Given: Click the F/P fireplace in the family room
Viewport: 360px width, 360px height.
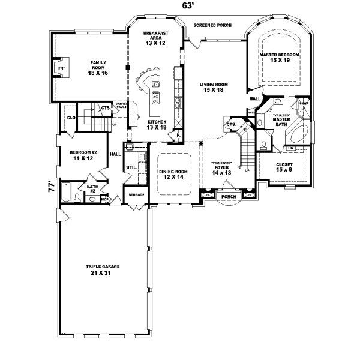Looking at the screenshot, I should click(61, 68).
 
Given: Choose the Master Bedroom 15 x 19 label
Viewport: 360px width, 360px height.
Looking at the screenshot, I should click(279, 58).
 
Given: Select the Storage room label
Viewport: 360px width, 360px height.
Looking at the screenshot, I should click(136, 195).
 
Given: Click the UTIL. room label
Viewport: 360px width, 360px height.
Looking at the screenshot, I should click(130, 167).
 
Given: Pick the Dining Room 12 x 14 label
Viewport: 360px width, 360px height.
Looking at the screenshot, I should click(173, 174).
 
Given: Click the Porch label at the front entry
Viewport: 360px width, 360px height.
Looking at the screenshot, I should click(228, 197).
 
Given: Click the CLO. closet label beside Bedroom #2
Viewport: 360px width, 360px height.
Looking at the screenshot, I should click(70, 118).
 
